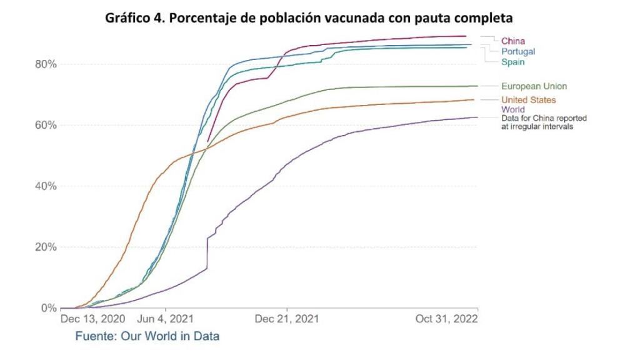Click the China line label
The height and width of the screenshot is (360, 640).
(x=512, y=41)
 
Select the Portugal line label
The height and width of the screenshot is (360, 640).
(x=517, y=51)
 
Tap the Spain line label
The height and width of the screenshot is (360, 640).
(x=512, y=62)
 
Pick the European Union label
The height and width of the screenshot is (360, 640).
(x=534, y=86)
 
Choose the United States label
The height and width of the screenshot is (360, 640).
(x=528, y=100)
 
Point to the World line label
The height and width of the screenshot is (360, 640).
(x=512, y=109)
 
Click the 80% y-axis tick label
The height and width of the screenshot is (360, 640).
(x=46, y=64)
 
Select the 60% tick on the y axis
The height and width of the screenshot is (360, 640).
(x=46, y=125)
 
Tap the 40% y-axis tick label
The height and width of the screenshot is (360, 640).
(x=46, y=186)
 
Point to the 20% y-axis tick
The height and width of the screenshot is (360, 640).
(x=46, y=247)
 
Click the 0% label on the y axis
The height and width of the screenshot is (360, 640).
(x=48, y=308)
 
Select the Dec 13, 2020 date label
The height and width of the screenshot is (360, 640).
(x=91, y=319)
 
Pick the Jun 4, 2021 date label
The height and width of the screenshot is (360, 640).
(x=161, y=319)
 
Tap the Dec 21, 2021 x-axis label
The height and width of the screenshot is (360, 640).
(x=286, y=319)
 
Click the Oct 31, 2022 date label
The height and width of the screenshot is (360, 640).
(x=447, y=319)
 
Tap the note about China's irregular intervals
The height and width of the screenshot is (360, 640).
(x=543, y=122)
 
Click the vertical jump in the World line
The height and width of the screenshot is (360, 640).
(x=207, y=253)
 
